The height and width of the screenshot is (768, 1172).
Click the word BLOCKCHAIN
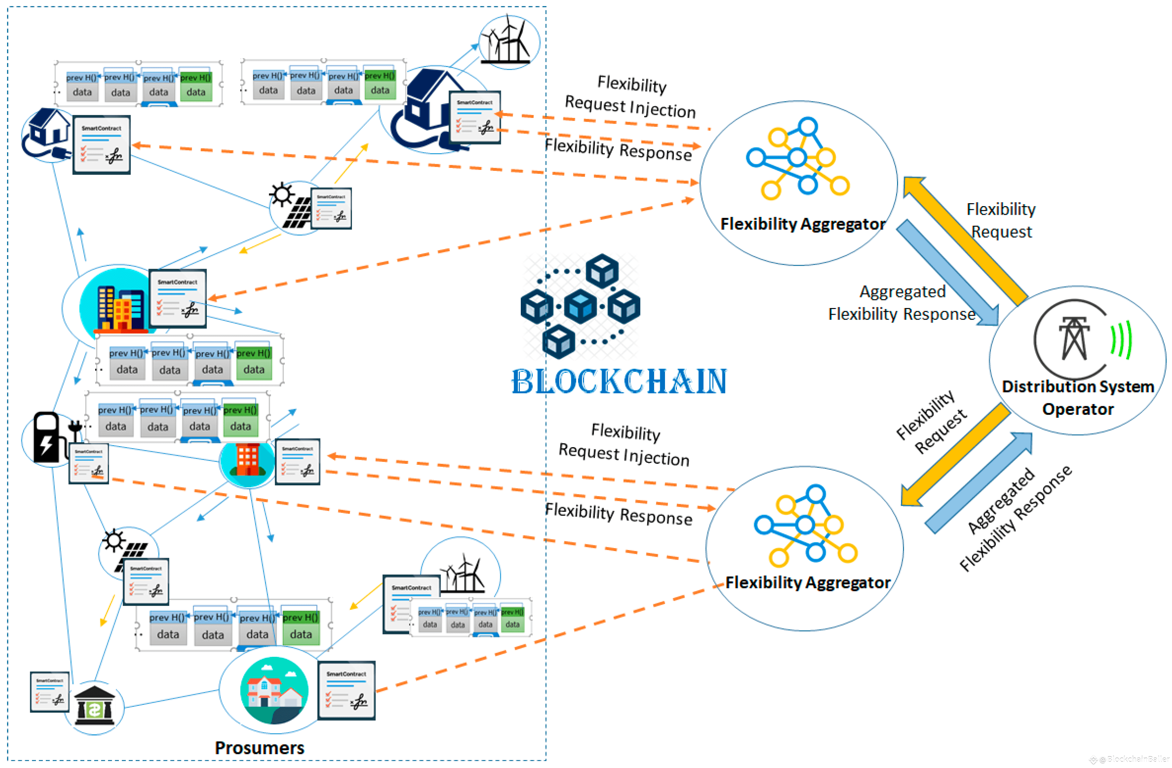(619, 382)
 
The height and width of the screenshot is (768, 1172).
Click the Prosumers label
(260, 748)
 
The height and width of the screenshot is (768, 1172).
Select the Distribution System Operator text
(1077, 397)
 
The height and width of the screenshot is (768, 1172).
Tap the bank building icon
(94, 705)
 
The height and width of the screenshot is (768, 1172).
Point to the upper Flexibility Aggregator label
(803, 224)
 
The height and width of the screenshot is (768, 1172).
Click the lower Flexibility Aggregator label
(808, 583)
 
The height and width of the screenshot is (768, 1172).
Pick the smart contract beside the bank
(50, 692)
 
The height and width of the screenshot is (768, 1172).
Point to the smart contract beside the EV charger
(89, 463)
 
